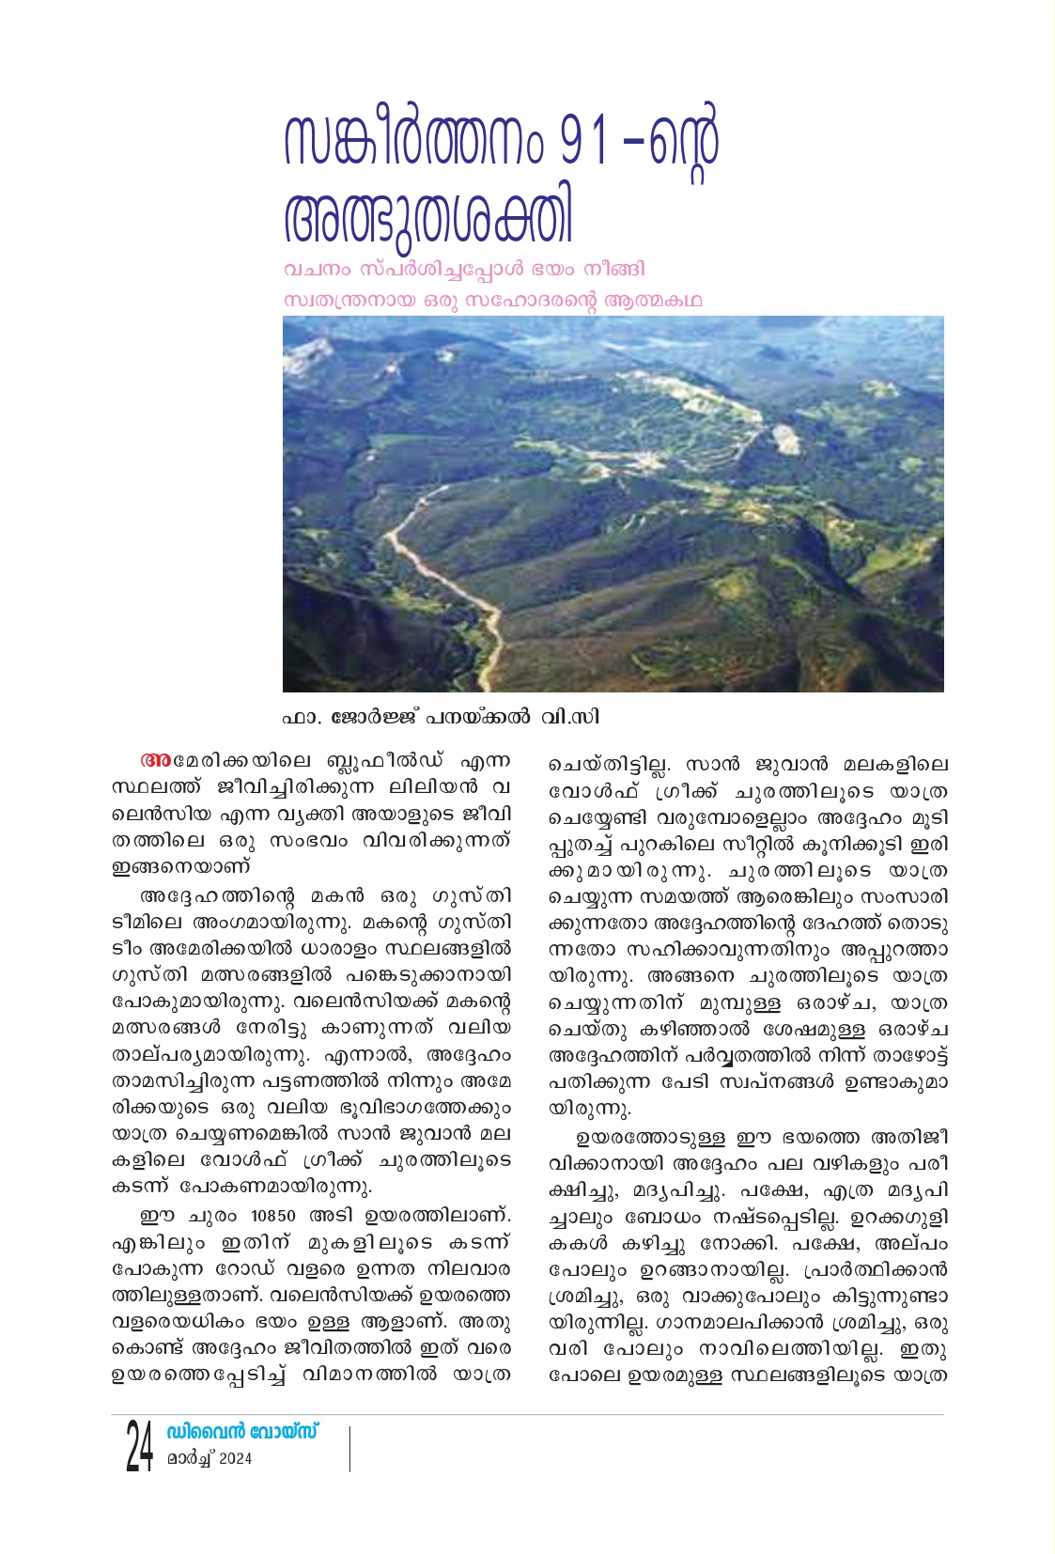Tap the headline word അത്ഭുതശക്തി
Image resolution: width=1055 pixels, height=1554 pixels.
[x=427, y=219]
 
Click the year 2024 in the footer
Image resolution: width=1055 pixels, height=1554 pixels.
[x=235, y=1458]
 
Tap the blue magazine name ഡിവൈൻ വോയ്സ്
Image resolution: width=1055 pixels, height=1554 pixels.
[x=242, y=1432]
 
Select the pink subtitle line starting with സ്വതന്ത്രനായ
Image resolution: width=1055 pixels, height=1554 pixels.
[x=492, y=301]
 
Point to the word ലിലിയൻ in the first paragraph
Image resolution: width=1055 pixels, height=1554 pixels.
[x=443, y=786]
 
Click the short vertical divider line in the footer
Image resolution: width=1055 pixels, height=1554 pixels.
[x=349, y=1448]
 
